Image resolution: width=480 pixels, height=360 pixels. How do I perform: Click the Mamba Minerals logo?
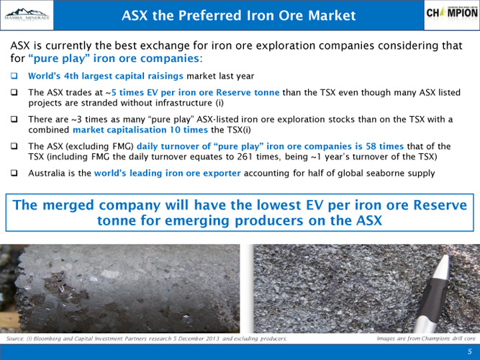click(27, 15)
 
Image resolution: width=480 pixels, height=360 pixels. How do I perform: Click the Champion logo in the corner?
click(452, 13)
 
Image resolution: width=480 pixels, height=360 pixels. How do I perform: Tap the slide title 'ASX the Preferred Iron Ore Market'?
click(238, 15)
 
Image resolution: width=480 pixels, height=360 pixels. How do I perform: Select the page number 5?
click(470, 352)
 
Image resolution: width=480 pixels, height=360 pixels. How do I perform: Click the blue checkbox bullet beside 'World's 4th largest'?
click(14, 76)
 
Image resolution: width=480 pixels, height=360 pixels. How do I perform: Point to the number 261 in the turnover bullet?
click(245, 157)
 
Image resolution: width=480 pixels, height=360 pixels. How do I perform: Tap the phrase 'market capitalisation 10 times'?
click(140, 130)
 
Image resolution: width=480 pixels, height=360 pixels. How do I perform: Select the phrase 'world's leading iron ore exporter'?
click(168, 174)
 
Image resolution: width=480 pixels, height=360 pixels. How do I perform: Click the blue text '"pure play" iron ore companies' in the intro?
click(114, 58)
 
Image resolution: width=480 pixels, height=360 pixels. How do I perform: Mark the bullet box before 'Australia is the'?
click(14, 173)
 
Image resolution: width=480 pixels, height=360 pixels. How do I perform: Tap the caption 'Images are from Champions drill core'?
click(426, 338)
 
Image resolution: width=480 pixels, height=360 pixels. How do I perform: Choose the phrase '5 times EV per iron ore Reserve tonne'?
click(195, 93)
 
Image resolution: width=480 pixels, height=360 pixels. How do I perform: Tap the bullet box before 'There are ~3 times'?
click(14, 120)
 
